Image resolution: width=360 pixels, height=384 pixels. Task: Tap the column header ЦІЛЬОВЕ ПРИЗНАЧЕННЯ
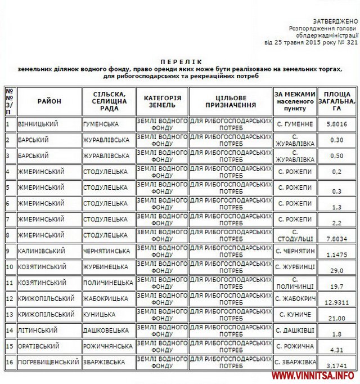pos(231,101)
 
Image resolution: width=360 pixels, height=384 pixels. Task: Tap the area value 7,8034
pos(337,239)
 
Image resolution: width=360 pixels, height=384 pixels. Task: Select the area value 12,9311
pos(337,303)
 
